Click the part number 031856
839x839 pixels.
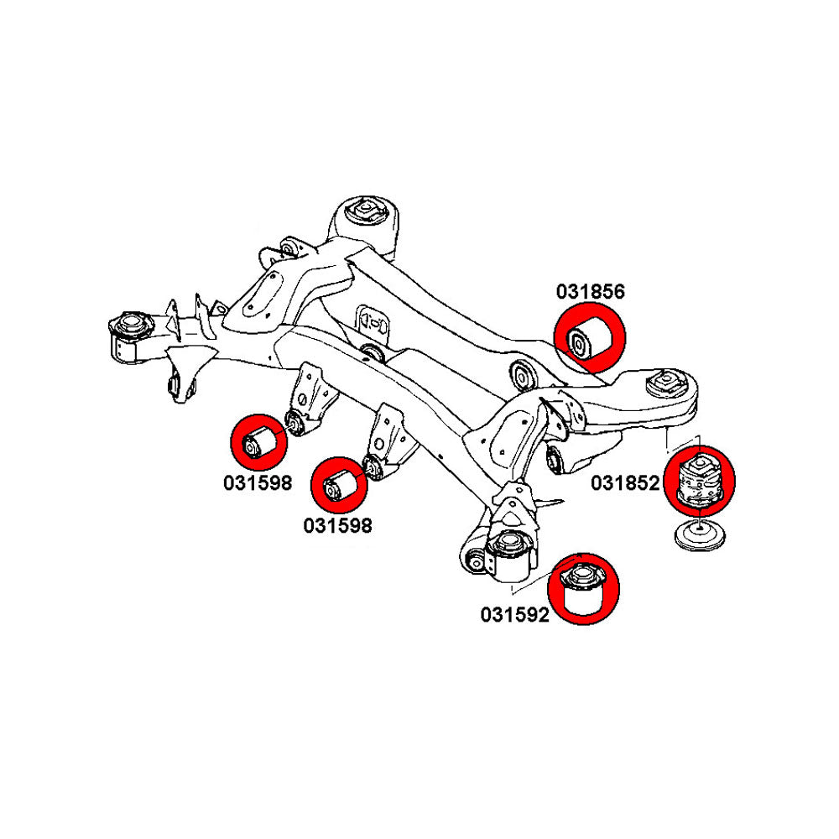coord(590,292)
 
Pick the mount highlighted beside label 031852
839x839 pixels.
coord(699,480)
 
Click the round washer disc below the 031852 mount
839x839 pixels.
coord(700,536)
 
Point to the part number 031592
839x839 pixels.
coord(514,615)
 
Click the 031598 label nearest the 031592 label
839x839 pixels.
coord(337,525)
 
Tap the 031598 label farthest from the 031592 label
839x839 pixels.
coord(258,483)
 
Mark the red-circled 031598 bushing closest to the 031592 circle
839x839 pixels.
coord(339,485)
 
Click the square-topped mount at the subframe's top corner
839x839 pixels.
coord(367,210)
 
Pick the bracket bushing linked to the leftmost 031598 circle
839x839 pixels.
coord(294,422)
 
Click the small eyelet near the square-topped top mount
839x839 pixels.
coord(286,248)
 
